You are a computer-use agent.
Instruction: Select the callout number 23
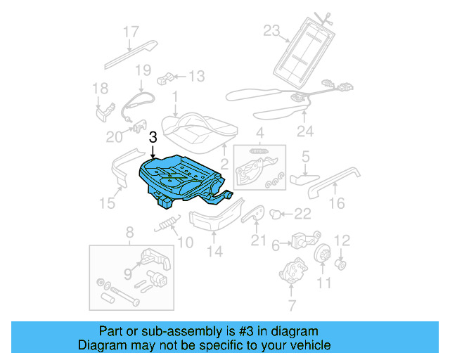click(x=271, y=30)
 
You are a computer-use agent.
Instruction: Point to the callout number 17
click(x=131, y=32)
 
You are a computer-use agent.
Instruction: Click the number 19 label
click(x=143, y=70)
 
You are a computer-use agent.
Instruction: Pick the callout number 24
click(x=304, y=131)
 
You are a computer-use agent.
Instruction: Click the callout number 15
click(x=106, y=203)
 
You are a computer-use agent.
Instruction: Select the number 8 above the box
click(x=129, y=232)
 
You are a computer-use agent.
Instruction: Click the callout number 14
click(x=214, y=252)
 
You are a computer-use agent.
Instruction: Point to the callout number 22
click(x=302, y=214)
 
